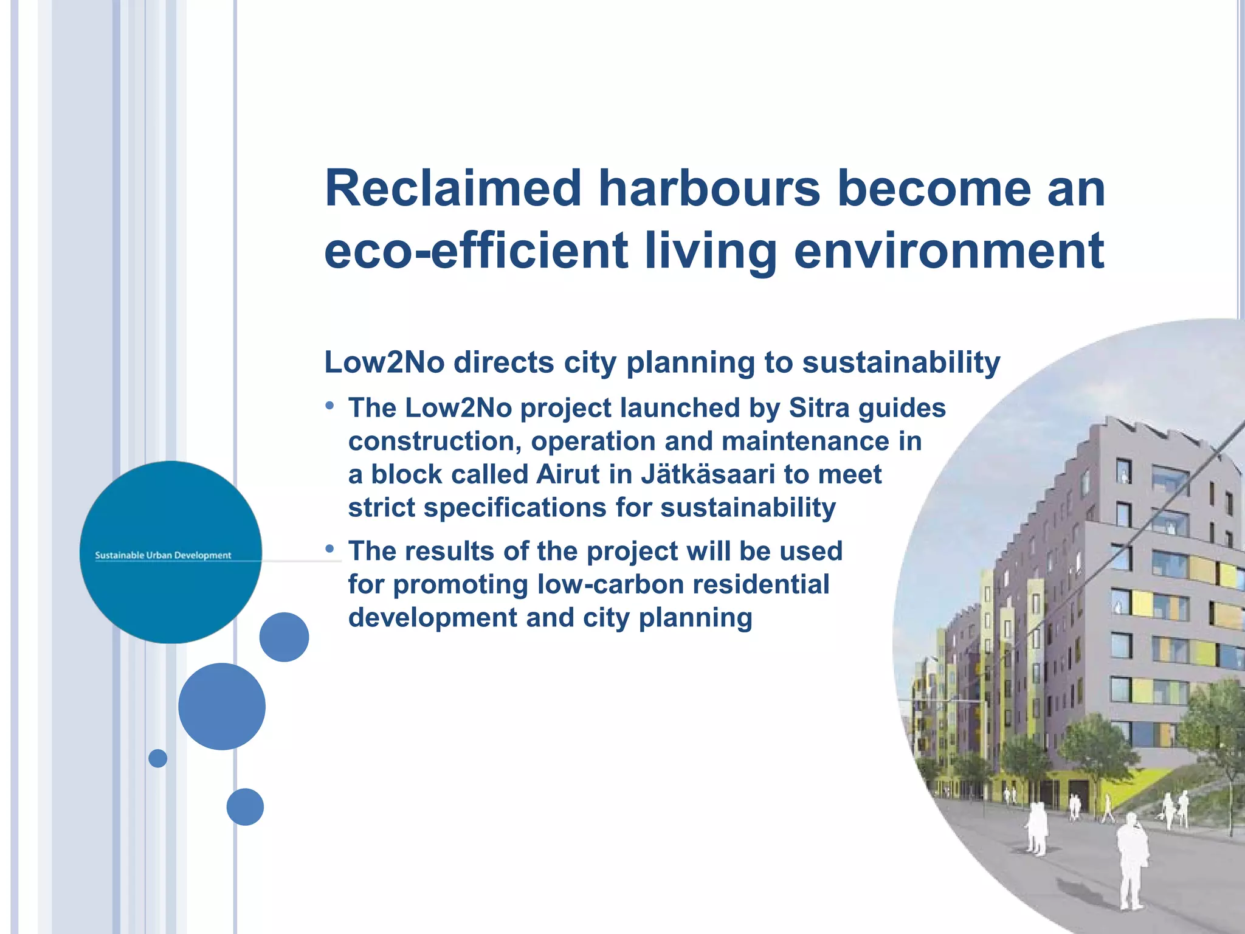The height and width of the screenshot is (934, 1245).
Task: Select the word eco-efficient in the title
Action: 476,251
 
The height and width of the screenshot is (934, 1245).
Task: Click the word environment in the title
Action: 948,251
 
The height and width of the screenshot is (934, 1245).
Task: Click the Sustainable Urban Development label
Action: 163,555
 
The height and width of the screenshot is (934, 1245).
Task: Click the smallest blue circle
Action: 157,758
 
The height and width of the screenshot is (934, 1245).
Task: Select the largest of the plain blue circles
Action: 222,706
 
